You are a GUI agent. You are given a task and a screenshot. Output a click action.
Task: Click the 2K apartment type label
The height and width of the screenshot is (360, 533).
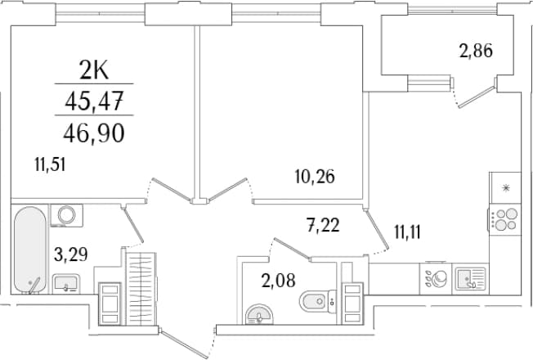pyautogui.click(x=94, y=71)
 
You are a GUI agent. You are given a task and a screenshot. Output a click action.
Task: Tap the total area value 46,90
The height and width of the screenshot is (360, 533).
pyautogui.click(x=94, y=133)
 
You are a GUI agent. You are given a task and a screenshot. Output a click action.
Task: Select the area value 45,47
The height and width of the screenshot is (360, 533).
pyautogui.click(x=94, y=101)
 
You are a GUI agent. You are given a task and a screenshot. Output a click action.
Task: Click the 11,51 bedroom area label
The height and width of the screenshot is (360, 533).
pyautogui.click(x=50, y=164)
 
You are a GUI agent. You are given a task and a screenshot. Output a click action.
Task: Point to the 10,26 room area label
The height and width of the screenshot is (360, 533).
pyautogui.click(x=315, y=177)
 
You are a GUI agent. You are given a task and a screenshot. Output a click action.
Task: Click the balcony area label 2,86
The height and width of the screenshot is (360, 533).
pyautogui.click(x=476, y=52)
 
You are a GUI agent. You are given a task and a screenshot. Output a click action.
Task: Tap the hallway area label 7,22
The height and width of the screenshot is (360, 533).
pyautogui.click(x=323, y=225)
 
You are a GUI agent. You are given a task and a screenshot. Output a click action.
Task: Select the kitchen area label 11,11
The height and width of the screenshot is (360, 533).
pyautogui.click(x=408, y=232)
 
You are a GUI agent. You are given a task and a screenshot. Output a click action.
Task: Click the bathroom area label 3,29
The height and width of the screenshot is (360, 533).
pyautogui.click(x=70, y=254)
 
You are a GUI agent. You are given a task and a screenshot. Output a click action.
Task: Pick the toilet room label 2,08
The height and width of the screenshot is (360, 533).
pyautogui.click(x=279, y=281)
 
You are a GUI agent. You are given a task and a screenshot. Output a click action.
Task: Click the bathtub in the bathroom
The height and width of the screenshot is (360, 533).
pyautogui.click(x=30, y=250)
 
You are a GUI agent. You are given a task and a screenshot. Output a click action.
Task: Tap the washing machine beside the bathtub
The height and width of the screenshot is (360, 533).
pyautogui.click(x=67, y=215)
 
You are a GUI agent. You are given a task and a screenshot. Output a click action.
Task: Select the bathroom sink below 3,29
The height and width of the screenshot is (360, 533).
pyautogui.click(x=66, y=284)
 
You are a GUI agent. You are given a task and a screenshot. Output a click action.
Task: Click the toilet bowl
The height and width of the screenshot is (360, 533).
pyautogui.click(x=317, y=301)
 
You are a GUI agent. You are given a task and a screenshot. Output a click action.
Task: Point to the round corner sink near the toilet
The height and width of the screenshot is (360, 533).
pyautogui.click(x=259, y=314)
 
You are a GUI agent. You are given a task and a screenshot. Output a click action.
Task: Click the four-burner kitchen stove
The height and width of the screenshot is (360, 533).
pyautogui.click(x=504, y=219)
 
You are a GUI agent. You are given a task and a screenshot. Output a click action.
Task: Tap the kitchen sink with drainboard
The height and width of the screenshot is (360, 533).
pyautogui.click(x=470, y=279)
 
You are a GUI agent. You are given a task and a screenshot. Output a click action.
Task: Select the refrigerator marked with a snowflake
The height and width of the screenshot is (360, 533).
pyautogui.click(x=505, y=187)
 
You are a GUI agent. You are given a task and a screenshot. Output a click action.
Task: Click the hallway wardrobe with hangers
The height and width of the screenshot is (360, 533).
pyautogui.click(x=141, y=289)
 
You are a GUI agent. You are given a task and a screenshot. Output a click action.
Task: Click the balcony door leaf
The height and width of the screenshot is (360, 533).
pyautogui.click(x=477, y=97)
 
